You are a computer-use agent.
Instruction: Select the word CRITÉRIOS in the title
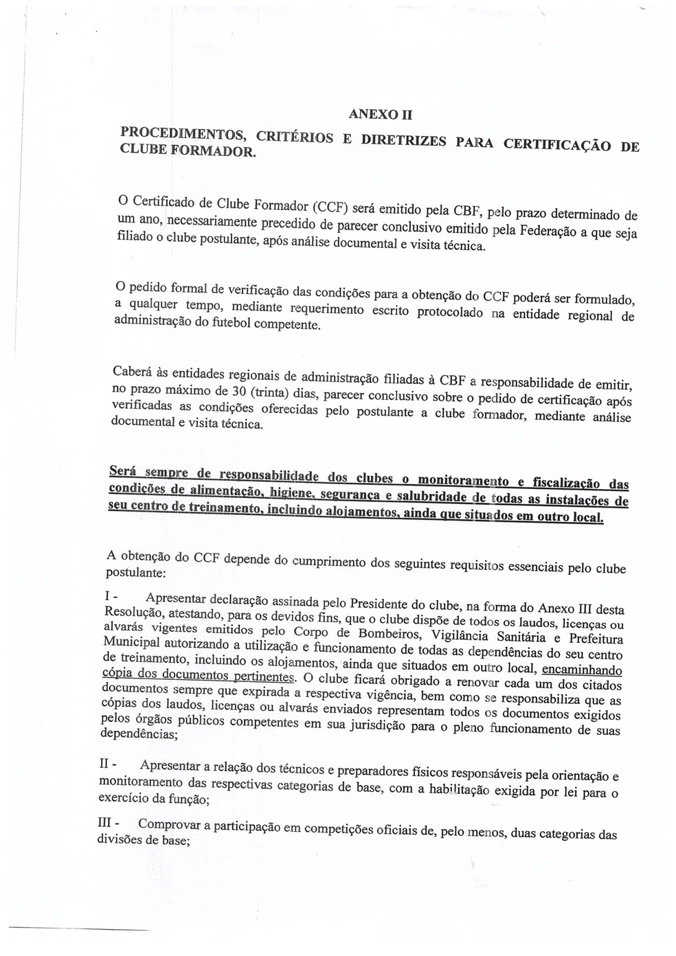click(x=294, y=136)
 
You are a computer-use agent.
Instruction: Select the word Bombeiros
click(x=379, y=633)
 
